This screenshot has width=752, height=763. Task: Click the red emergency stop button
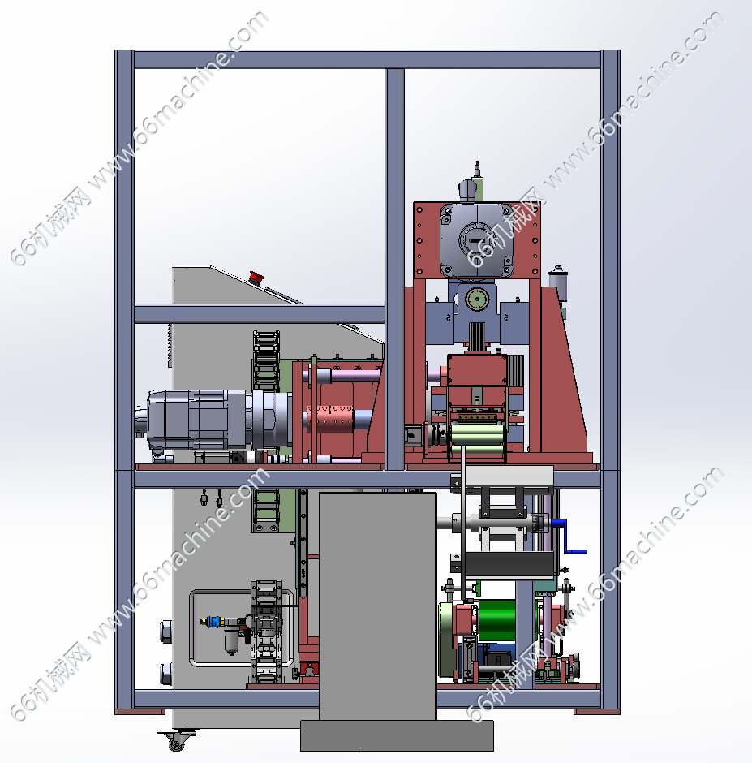[256, 277]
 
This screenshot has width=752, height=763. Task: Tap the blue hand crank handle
[567, 537]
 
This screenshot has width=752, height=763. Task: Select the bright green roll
[497, 620]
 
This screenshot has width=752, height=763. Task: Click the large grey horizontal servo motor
[204, 420]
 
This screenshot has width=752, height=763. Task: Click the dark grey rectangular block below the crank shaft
[509, 564]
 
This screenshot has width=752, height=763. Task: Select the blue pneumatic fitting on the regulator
[213, 622]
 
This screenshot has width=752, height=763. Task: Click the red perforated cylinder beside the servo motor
[331, 419]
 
